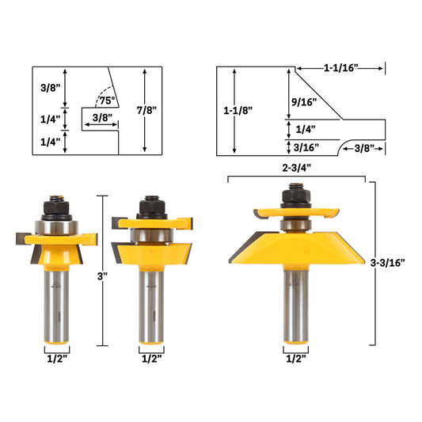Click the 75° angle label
point(105,101)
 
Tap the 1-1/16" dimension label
point(340,69)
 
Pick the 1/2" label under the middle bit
point(151,358)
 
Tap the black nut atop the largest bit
point(295,195)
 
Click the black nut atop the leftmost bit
point(58,207)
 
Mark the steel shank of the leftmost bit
point(58,305)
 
